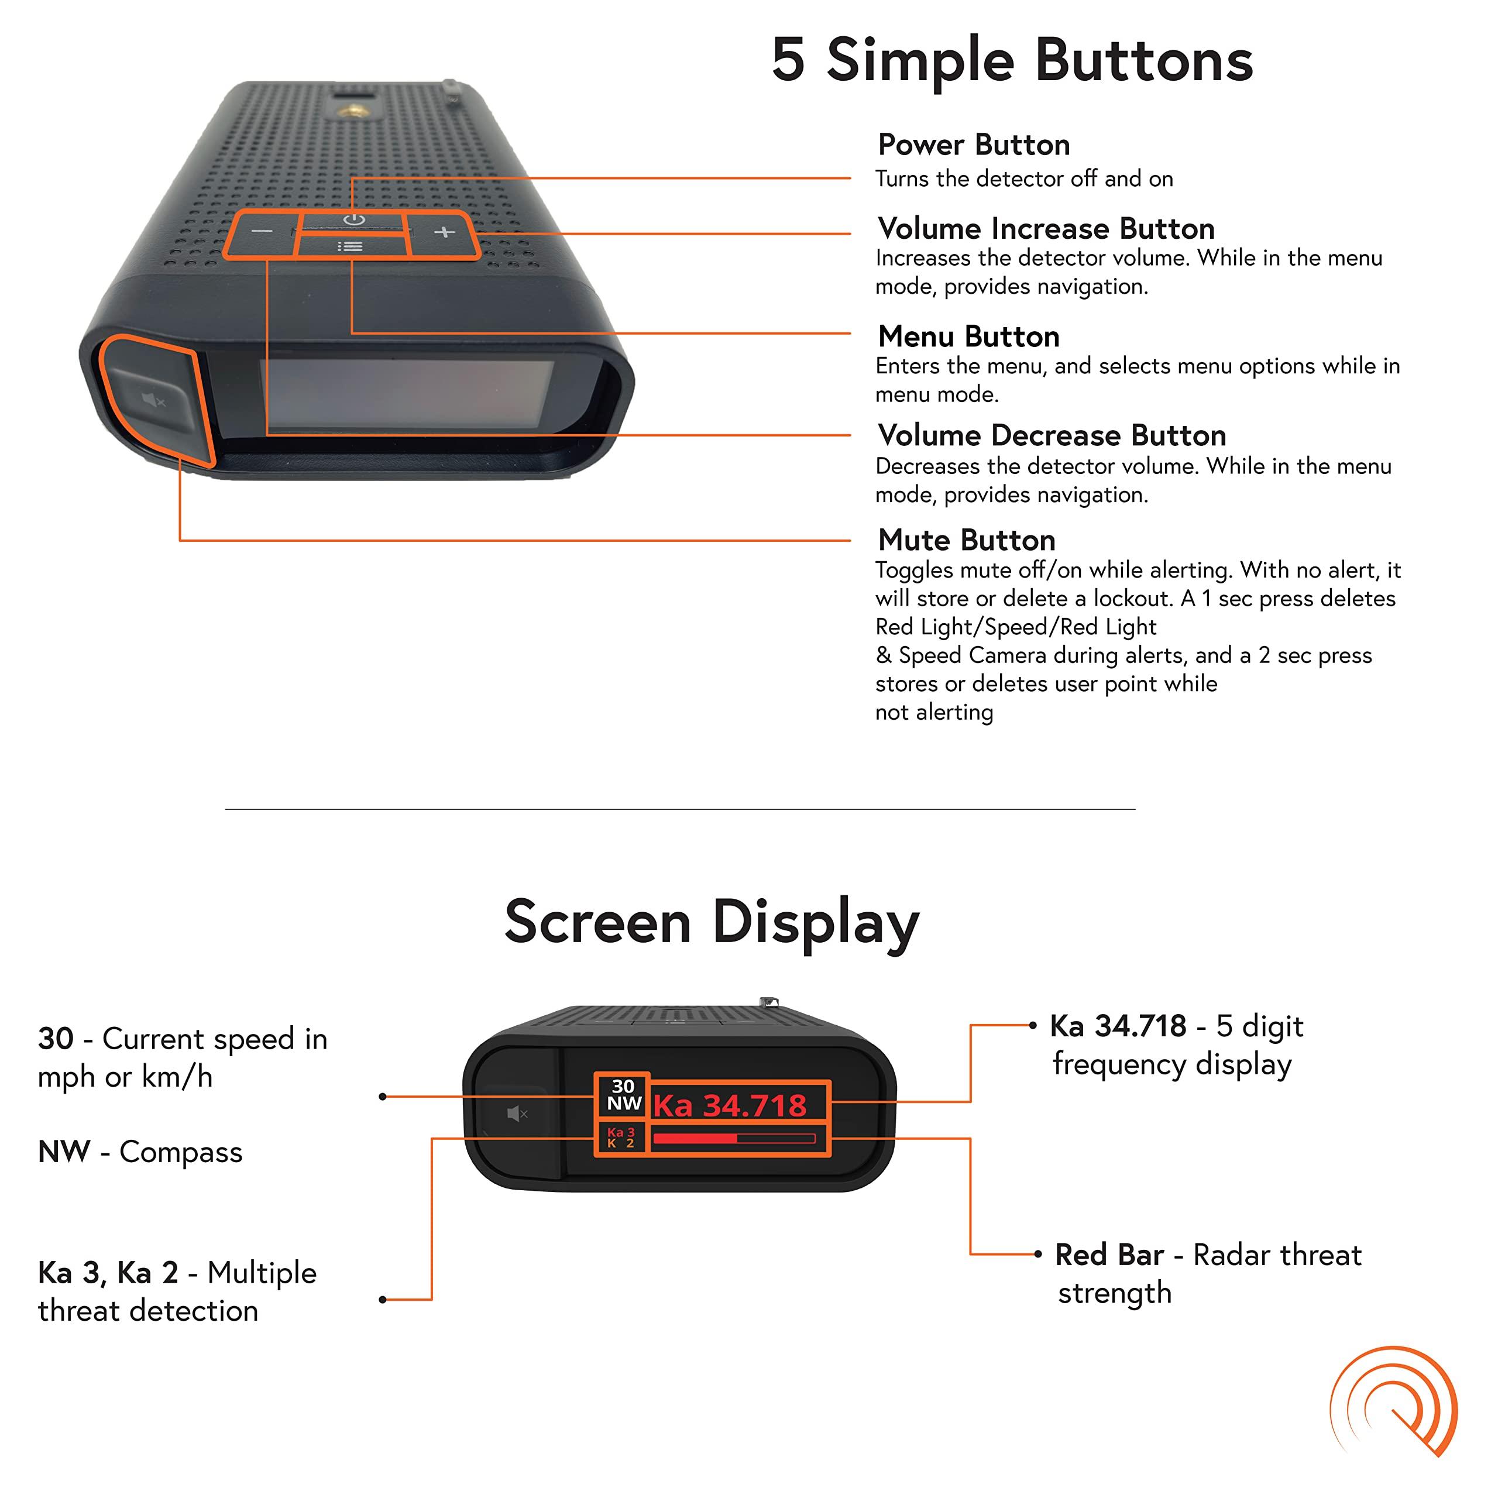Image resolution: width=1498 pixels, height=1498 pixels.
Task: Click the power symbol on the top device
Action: (355, 219)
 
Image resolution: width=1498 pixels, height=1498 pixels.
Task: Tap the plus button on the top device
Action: (444, 232)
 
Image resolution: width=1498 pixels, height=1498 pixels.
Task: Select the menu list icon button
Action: (351, 246)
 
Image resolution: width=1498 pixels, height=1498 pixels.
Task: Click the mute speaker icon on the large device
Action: (153, 401)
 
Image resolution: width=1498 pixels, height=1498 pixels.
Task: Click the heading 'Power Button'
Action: (974, 145)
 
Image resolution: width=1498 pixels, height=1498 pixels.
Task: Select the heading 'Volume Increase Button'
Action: (1046, 229)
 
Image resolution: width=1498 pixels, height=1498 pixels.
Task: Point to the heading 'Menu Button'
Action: (968, 336)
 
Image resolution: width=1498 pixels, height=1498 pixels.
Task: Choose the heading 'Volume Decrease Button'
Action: (1052, 436)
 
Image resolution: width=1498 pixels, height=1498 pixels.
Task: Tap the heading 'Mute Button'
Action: (966, 540)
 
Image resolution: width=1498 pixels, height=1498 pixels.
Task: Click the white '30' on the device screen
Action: (623, 1086)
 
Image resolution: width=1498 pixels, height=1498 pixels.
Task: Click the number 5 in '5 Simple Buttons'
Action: (789, 60)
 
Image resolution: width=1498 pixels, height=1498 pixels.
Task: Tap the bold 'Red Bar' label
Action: (1109, 1255)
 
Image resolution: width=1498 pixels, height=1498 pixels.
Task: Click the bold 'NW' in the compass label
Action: (64, 1152)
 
